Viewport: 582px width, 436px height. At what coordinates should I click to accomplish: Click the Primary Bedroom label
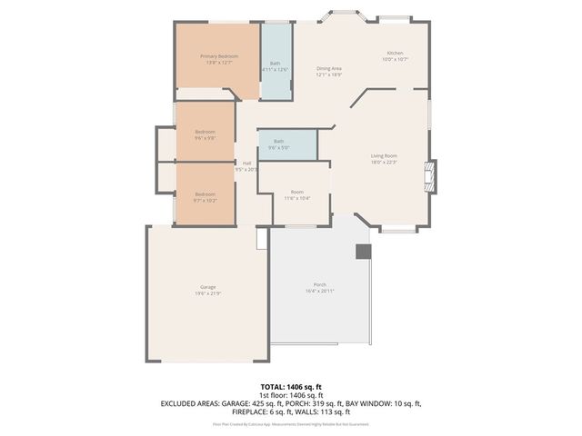[x=216, y=56]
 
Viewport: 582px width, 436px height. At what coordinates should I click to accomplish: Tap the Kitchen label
[x=395, y=54]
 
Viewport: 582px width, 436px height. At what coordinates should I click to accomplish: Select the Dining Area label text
[x=328, y=68]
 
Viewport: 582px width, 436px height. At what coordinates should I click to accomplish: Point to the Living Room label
[x=383, y=155]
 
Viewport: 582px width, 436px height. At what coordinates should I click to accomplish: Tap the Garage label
[x=208, y=287]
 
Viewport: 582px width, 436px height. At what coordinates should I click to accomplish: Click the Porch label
[x=320, y=284]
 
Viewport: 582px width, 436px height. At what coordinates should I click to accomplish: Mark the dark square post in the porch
[x=363, y=251]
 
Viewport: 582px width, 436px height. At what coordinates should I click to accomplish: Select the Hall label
[x=246, y=163]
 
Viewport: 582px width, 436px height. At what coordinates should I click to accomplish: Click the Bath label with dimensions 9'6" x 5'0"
[x=279, y=141]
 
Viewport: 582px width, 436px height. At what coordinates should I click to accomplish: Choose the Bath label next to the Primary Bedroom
[x=275, y=63]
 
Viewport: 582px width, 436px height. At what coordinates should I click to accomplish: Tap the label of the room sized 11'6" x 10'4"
[x=297, y=192]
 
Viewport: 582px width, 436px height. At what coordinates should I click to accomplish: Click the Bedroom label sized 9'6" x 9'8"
[x=205, y=132]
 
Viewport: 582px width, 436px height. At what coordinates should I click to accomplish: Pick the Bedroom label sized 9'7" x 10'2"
[x=205, y=193]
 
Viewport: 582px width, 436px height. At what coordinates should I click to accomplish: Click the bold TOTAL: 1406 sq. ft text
[x=291, y=387]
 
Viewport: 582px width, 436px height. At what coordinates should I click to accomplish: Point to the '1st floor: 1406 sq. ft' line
[x=291, y=395]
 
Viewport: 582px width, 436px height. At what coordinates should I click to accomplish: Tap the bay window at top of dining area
[x=347, y=17]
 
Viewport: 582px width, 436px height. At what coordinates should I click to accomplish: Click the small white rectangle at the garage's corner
[x=262, y=237]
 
